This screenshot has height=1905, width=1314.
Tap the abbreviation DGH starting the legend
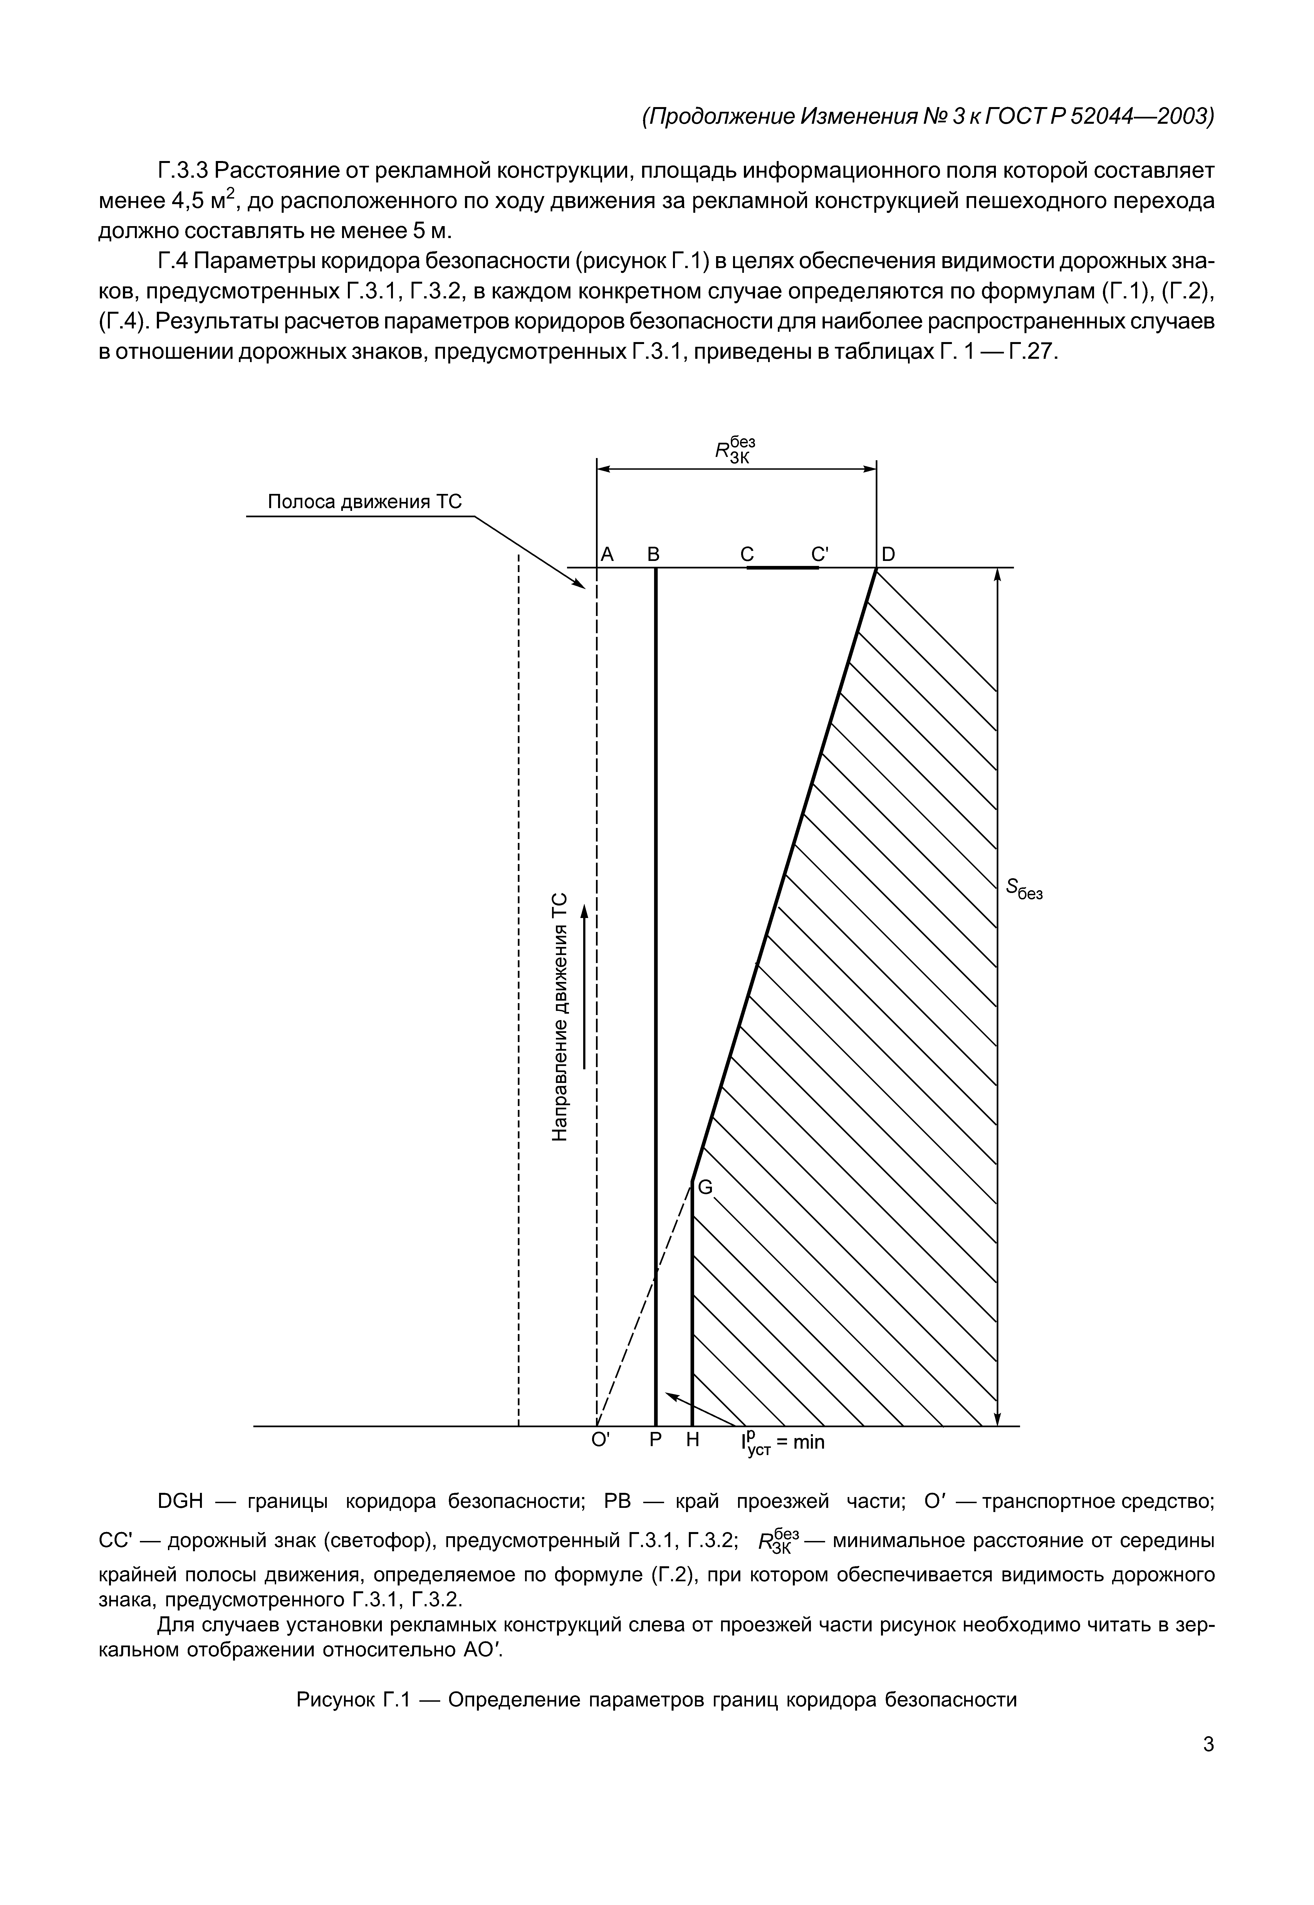click(179, 1501)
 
